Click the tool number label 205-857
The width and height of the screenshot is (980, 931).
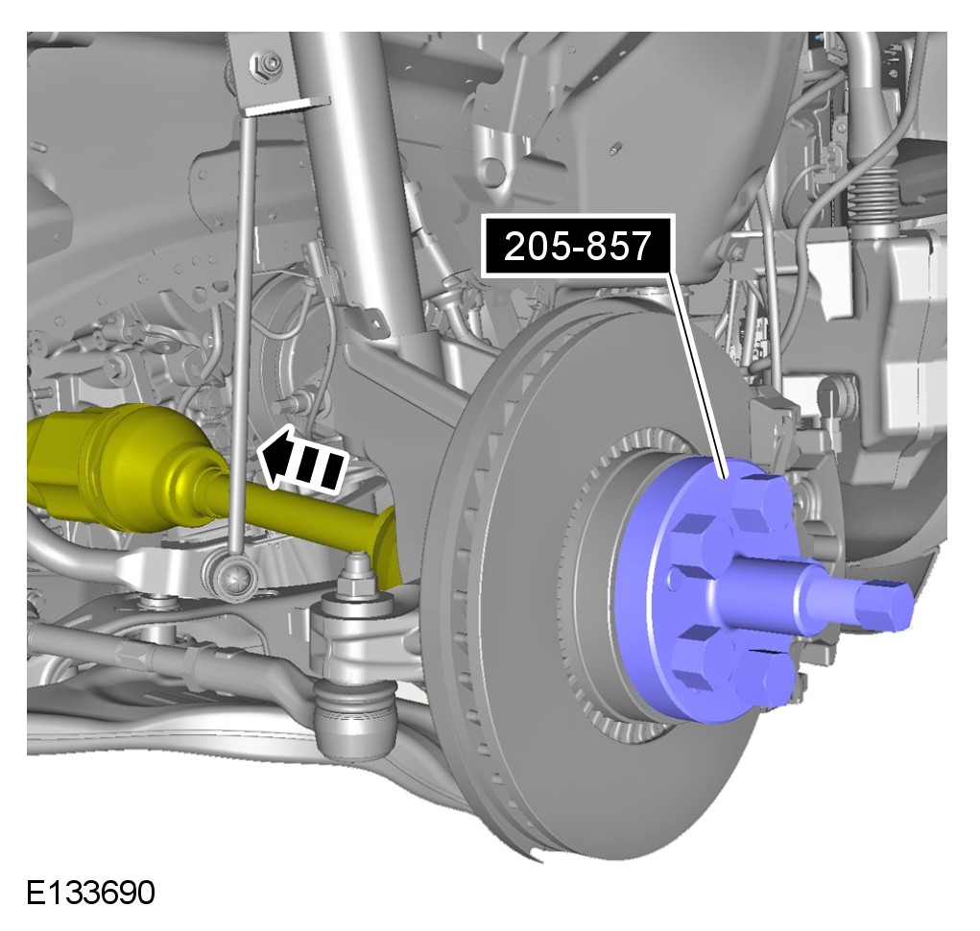[x=578, y=246]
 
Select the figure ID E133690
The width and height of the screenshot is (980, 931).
[x=90, y=893]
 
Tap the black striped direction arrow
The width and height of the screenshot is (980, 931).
[x=303, y=458]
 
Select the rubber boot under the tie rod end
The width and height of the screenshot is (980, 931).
[x=355, y=719]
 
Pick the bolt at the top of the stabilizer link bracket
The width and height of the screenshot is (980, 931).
[x=270, y=65]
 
